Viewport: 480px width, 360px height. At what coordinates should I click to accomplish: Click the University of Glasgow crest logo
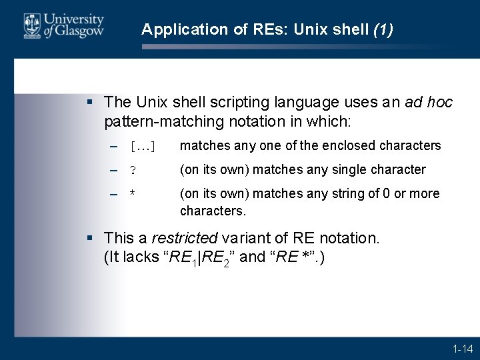coord(31,25)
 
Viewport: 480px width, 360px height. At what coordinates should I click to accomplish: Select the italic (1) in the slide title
coord(383,29)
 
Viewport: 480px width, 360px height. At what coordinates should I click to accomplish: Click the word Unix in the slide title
coord(310,29)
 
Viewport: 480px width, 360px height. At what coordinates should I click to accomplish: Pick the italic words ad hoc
coord(428,102)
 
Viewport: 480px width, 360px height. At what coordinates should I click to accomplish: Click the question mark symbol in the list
coord(133,170)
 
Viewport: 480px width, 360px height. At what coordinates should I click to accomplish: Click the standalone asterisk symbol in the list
coord(133,194)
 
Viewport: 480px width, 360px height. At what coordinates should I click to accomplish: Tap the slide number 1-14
coord(462,349)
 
